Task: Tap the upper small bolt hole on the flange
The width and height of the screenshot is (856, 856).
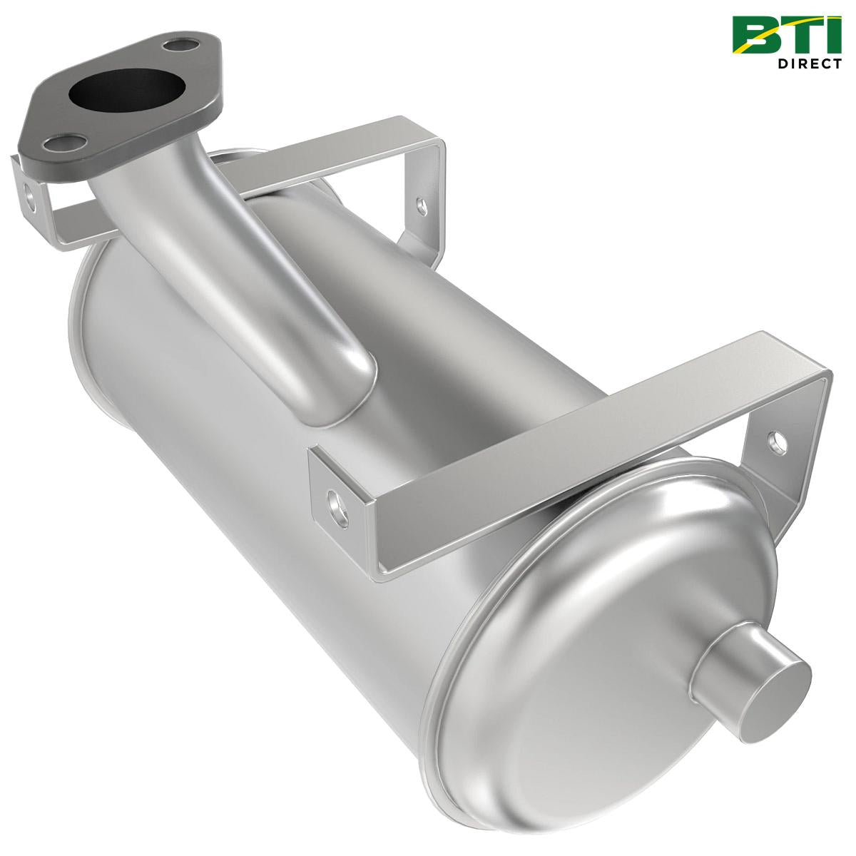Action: [173, 46]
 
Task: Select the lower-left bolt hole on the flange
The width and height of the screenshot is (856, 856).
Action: [55, 143]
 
